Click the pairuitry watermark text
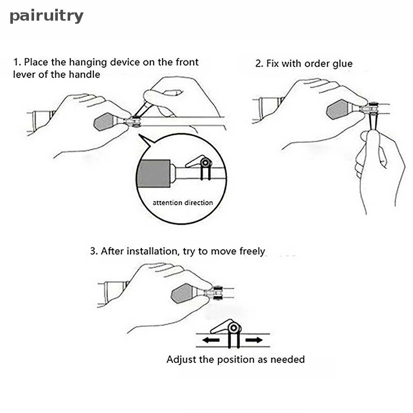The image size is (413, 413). click(46, 16)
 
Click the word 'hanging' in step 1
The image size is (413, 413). click(70, 62)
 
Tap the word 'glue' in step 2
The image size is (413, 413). click(342, 64)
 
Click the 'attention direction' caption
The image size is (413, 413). click(183, 203)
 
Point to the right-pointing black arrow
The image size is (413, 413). click(253, 340)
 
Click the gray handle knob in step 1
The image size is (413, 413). click(105, 121)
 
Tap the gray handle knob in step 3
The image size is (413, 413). click(184, 293)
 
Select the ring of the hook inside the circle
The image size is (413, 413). click(206, 164)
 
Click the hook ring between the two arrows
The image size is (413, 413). click(234, 328)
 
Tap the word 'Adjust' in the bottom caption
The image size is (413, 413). click(180, 359)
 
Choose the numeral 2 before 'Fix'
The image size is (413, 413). click(259, 64)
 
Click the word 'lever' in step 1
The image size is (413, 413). click(24, 74)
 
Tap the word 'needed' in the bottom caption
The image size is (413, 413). click(289, 359)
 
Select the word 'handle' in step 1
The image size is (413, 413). click(86, 74)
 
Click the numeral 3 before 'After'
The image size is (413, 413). click(93, 251)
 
